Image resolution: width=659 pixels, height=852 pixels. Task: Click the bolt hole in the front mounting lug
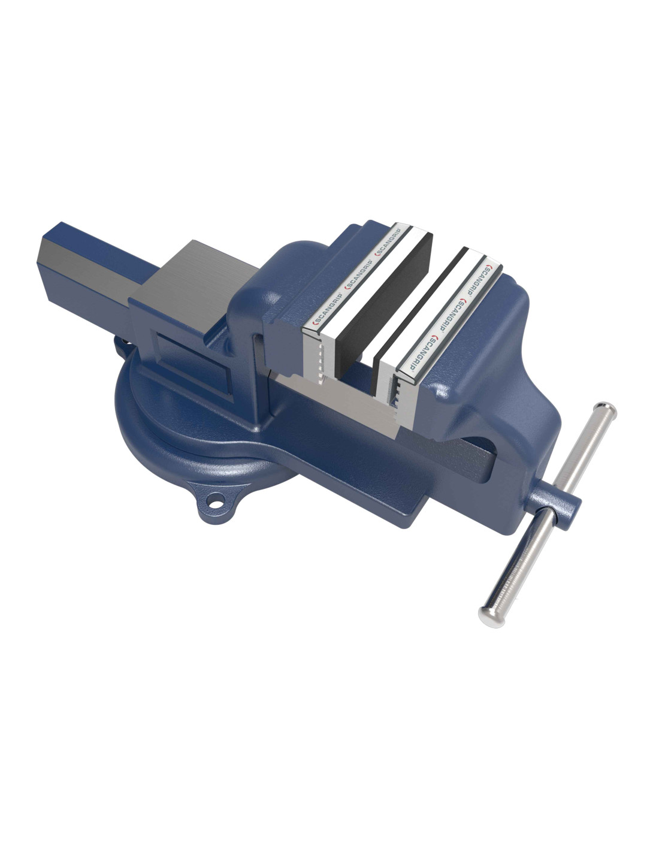coord(216,501)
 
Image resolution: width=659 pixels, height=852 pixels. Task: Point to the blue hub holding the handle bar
coord(555,507)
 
